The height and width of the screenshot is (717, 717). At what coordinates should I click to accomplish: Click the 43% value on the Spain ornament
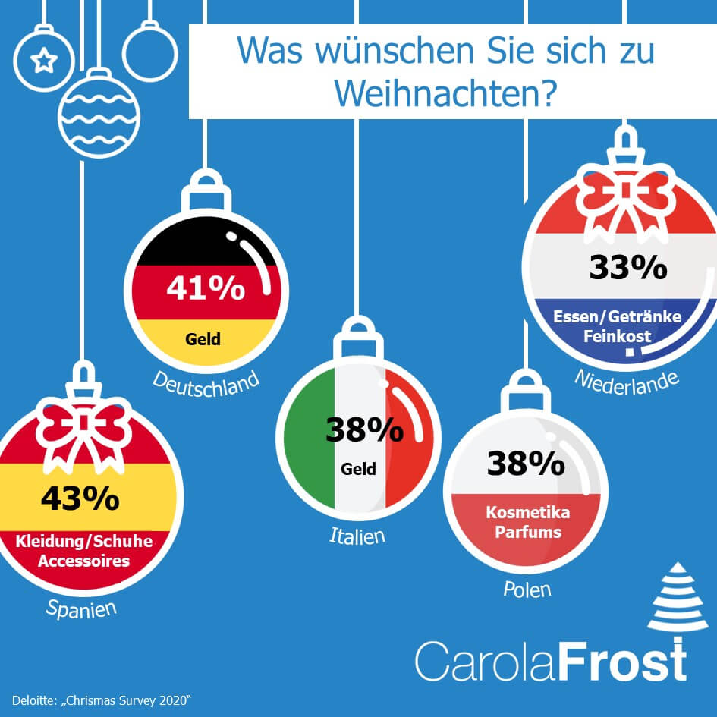79,498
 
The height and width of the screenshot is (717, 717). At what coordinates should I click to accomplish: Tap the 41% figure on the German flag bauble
205,289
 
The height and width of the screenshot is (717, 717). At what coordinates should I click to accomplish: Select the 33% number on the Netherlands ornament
627,268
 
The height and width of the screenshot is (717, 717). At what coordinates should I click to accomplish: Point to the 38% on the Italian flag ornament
364,430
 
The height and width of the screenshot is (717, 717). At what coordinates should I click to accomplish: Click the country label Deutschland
206,381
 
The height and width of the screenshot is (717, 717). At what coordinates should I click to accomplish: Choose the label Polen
527,589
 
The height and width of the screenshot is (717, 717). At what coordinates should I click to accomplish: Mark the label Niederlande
626,381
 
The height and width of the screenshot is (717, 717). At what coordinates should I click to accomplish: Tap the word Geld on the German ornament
203,338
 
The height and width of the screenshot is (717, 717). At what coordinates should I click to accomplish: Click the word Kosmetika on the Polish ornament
527,513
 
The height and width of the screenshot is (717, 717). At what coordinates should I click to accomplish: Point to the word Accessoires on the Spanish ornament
83,561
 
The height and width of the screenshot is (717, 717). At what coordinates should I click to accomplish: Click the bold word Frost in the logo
624,661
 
